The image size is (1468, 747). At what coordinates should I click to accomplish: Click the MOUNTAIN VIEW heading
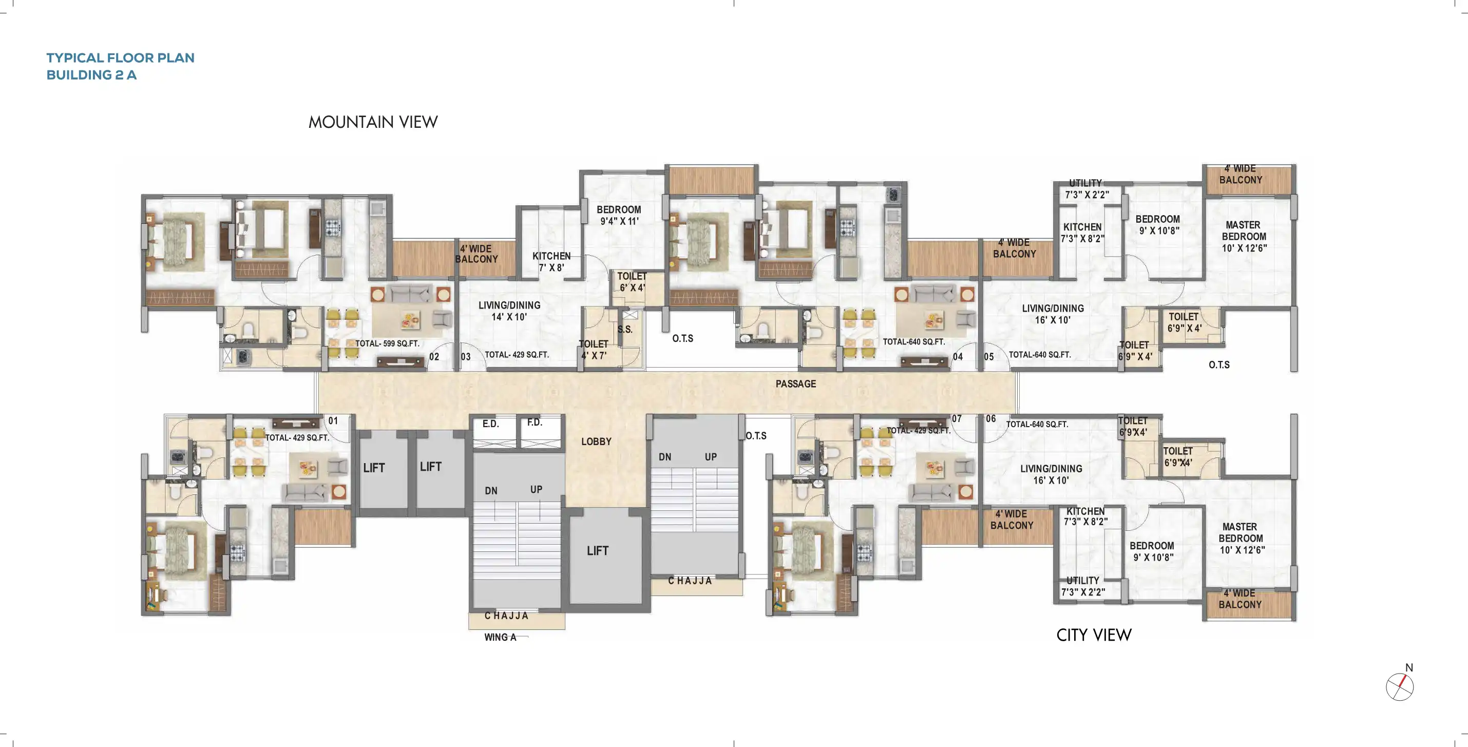click(x=373, y=122)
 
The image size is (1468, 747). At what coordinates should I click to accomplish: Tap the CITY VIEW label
click(x=1094, y=635)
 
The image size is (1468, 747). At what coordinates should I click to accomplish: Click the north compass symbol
click(x=1400, y=686)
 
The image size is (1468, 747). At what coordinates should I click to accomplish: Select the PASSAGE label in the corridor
click(x=795, y=384)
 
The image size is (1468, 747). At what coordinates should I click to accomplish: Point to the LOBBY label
click(x=596, y=442)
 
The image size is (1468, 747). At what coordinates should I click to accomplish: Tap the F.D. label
click(x=535, y=422)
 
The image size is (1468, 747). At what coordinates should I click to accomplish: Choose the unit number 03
click(x=466, y=357)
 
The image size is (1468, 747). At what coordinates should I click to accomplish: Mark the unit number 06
click(x=991, y=419)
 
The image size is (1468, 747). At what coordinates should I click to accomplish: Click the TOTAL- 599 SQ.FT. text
click(x=387, y=343)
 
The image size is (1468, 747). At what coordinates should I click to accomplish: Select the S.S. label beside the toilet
click(x=624, y=329)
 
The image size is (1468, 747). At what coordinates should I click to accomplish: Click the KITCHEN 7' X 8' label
click(x=551, y=261)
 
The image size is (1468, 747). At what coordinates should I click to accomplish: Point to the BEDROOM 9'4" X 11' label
click(x=619, y=216)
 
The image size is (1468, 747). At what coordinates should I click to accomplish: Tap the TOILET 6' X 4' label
click(x=632, y=282)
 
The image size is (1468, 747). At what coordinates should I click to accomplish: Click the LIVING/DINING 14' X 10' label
click(x=509, y=311)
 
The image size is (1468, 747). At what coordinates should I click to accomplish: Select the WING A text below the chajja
click(x=500, y=637)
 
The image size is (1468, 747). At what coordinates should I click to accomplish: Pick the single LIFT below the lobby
click(x=597, y=551)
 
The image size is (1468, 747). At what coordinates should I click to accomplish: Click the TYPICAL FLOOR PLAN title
click(x=120, y=58)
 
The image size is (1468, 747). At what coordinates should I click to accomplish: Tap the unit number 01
click(x=333, y=421)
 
